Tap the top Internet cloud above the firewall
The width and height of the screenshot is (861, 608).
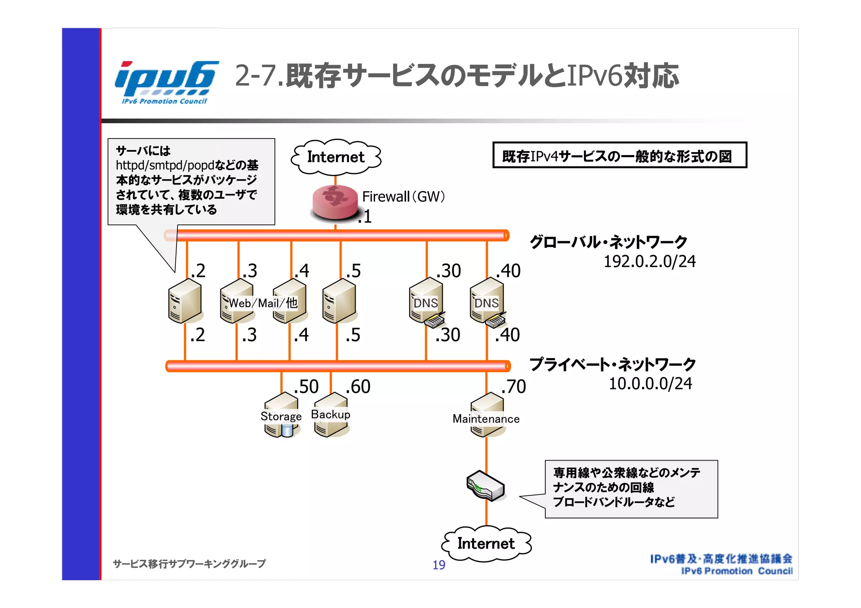pos(335,157)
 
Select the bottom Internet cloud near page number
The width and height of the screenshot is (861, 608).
pos(486,543)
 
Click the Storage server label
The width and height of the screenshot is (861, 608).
pos(281,416)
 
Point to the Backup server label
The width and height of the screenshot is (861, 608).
pos(330,414)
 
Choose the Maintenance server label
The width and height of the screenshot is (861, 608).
pos(486,419)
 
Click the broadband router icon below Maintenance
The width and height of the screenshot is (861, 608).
pos(486,486)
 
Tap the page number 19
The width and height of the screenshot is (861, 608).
pos(439,565)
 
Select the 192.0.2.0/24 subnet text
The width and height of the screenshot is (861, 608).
pos(650,262)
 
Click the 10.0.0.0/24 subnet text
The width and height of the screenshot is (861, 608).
pos(650,384)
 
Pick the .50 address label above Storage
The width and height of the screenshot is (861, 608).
pos(306,387)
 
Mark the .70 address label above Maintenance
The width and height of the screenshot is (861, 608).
pos(513,387)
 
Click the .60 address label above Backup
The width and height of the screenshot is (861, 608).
pos(358,387)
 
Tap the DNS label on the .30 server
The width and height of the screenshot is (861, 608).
pos(425,303)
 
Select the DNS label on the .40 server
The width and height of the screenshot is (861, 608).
pos(486,303)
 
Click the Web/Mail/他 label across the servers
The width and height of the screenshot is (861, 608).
pos(263,303)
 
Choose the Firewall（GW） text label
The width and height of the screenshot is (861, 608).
pos(403,197)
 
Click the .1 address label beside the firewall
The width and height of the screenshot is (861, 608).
pos(365,217)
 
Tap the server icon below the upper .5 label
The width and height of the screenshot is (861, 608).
pos(339,301)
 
